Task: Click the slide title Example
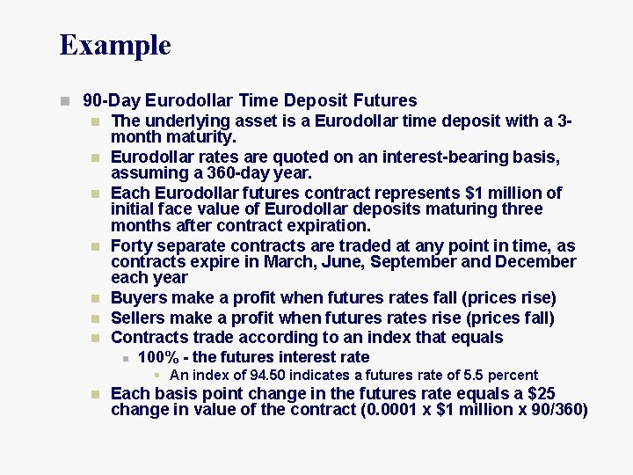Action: tap(115, 45)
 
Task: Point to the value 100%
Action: tap(158, 357)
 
